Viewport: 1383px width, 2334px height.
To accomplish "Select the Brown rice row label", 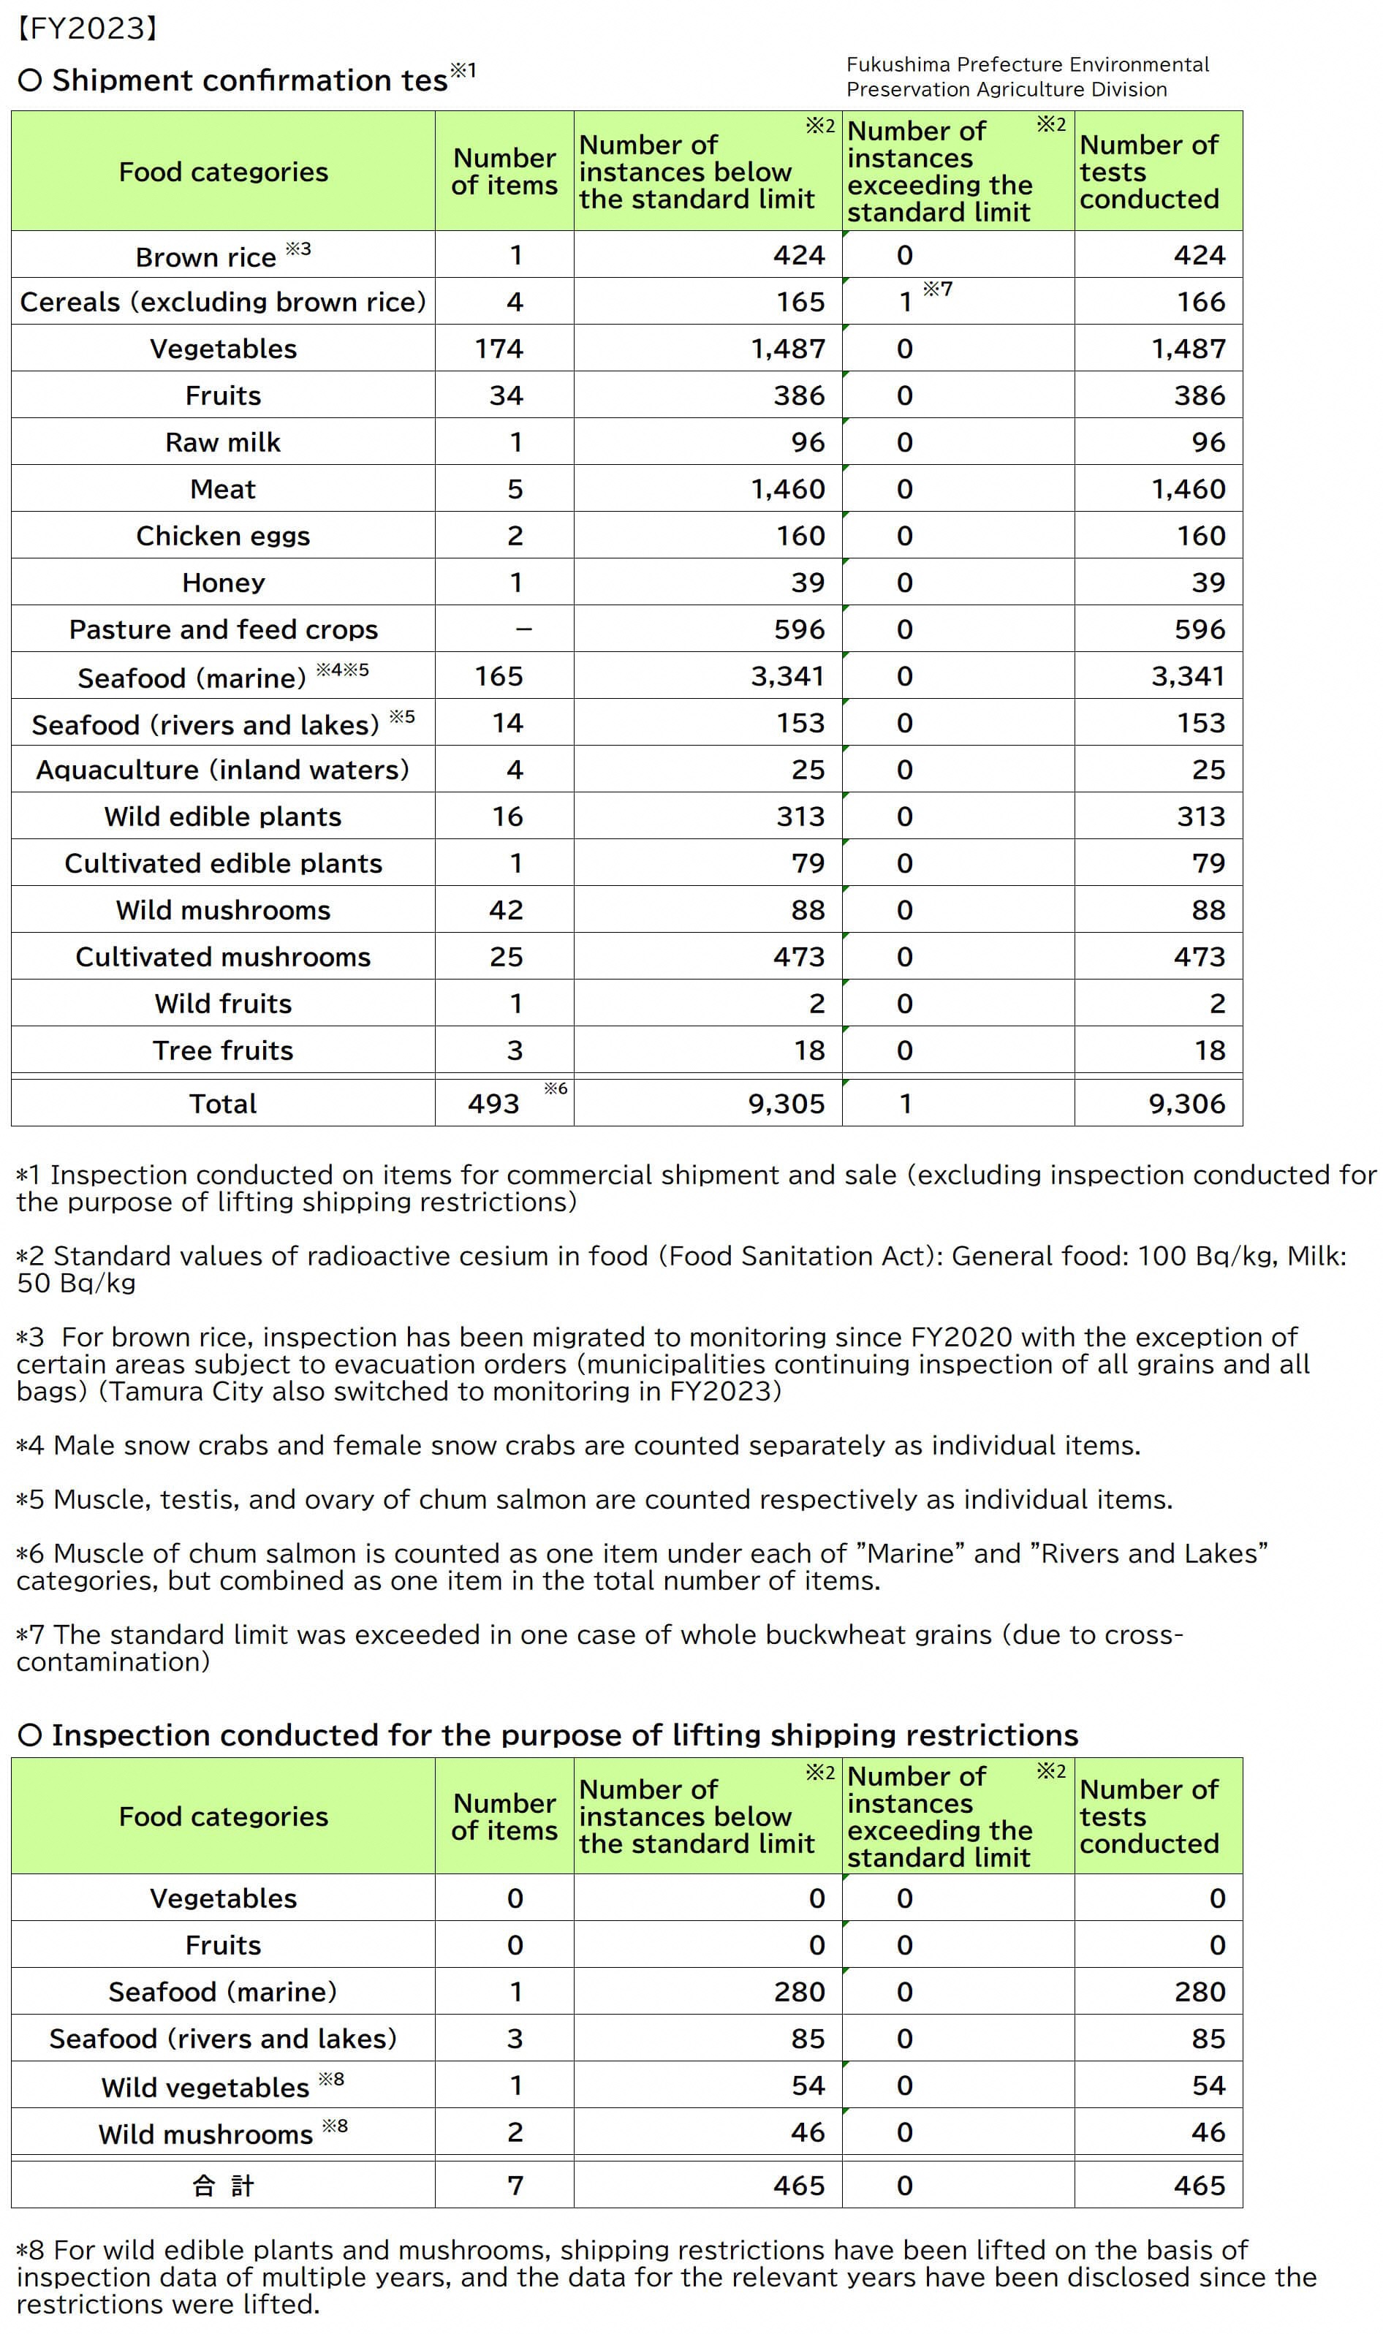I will click(206, 257).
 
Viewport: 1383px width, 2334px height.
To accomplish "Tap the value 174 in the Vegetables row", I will click(499, 349).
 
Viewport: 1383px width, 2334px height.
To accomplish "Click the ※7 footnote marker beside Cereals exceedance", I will click(938, 289).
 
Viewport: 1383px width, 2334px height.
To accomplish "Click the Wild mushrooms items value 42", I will click(506, 909).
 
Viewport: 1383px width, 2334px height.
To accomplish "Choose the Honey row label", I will click(224, 583).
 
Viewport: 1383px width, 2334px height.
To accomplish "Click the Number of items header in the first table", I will click(504, 172).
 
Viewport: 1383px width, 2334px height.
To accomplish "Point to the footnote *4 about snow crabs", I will click(577, 1445).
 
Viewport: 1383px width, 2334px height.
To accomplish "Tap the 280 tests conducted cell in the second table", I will click(1200, 1991).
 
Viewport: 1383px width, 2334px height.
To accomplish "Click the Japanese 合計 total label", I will click(224, 2185).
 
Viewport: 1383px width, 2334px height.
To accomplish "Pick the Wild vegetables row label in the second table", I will click(205, 2087).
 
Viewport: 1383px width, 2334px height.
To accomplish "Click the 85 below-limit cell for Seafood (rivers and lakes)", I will click(807, 2038).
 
